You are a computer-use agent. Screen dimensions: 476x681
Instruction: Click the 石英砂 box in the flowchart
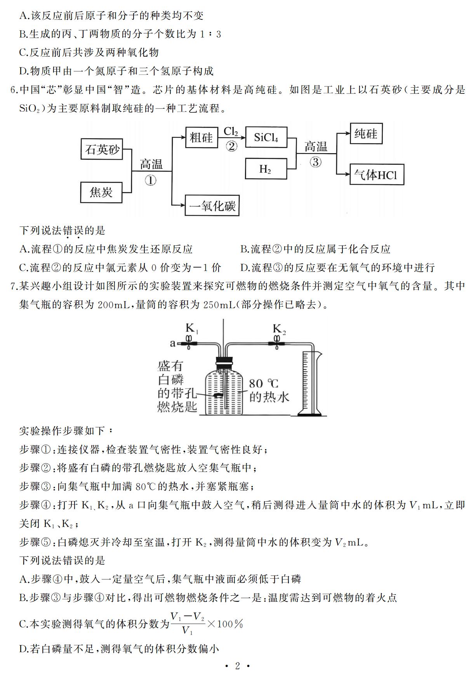point(102,149)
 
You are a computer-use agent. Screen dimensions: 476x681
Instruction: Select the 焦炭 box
point(101,192)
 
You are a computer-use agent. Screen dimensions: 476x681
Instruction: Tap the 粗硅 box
point(201,137)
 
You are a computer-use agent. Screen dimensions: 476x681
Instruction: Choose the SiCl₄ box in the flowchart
point(266,137)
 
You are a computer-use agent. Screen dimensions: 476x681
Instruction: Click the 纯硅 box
point(366,134)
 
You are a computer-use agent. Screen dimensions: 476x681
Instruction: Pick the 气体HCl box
point(377,175)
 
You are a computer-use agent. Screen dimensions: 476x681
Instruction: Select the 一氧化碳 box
point(212,205)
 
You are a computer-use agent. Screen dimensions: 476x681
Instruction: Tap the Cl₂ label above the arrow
point(231,131)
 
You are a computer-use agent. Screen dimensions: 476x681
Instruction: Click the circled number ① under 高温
point(150,180)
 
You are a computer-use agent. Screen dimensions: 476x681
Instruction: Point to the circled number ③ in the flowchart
point(315,162)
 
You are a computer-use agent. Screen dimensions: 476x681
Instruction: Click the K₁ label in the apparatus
point(192,329)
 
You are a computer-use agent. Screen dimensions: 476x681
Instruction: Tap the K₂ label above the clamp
point(279,329)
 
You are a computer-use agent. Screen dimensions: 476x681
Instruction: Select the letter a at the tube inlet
point(173,343)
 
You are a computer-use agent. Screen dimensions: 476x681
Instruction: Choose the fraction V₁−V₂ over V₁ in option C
point(188,624)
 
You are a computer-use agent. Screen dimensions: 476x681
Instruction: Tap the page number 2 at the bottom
point(238,666)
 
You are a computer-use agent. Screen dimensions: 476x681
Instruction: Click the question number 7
point(14,287)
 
